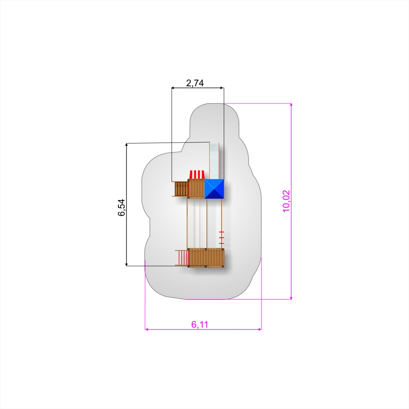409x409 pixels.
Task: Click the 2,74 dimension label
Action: click(x=195, y=83)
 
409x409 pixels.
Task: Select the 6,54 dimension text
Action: click(x=121, y=208)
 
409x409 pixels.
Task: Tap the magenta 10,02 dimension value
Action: click(x=286, y=201)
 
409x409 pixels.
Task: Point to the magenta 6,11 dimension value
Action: click(x=200, y=324)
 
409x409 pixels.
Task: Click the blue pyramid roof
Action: click(x=214, y=189)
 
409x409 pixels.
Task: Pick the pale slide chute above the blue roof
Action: click(x=214, y=161)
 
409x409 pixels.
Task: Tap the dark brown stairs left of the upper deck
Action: click(x=181, y=189)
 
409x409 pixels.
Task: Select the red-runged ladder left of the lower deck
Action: click(x=183, y=258)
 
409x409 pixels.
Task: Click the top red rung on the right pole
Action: click(x=221, y=232)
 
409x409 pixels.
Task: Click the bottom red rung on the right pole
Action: click(x=221, y=243)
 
